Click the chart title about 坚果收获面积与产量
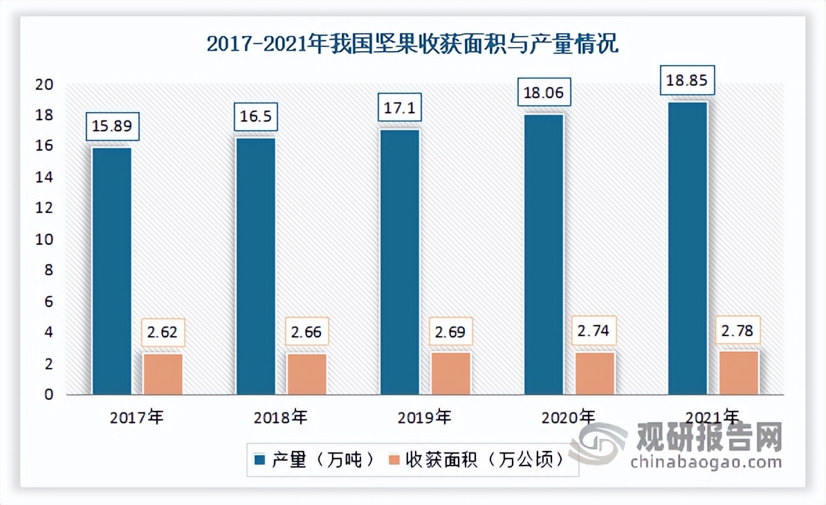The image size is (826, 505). [x=412, y=45]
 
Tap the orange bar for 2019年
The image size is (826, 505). [x=451, y=374]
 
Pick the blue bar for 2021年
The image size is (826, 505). [x=688, y=248]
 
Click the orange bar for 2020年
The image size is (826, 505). [x=595, y=374]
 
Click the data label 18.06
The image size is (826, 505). [x=544, y=93]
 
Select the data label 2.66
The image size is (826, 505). [x=307, y=332]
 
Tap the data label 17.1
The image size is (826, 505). [x=400, y=108]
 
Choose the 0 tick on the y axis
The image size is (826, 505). [x=48, y=394]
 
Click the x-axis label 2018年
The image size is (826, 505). [x=281, y=417]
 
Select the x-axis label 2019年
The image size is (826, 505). [x=425, y=417]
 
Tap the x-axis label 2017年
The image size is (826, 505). [x=137, y=417]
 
